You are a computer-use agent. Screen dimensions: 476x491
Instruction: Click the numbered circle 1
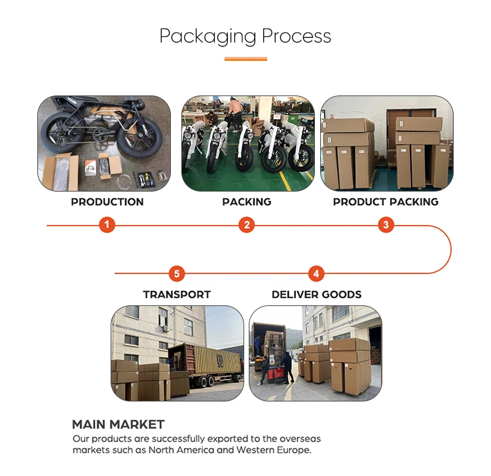108,226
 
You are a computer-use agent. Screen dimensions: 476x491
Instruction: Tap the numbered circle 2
247,226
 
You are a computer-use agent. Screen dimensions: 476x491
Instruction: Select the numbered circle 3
386,226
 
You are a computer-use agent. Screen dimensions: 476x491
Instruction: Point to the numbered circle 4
316,273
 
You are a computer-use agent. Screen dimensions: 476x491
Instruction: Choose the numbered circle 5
177,273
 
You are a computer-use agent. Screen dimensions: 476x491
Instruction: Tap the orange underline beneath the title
245,59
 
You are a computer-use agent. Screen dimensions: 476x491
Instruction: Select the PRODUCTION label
107,201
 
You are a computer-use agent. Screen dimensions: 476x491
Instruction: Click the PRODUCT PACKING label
386,201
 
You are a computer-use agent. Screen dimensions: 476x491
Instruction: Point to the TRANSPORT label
177,294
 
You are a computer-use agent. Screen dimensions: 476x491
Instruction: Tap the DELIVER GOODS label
316,294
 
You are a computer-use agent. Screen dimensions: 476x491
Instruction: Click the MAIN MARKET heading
118,424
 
